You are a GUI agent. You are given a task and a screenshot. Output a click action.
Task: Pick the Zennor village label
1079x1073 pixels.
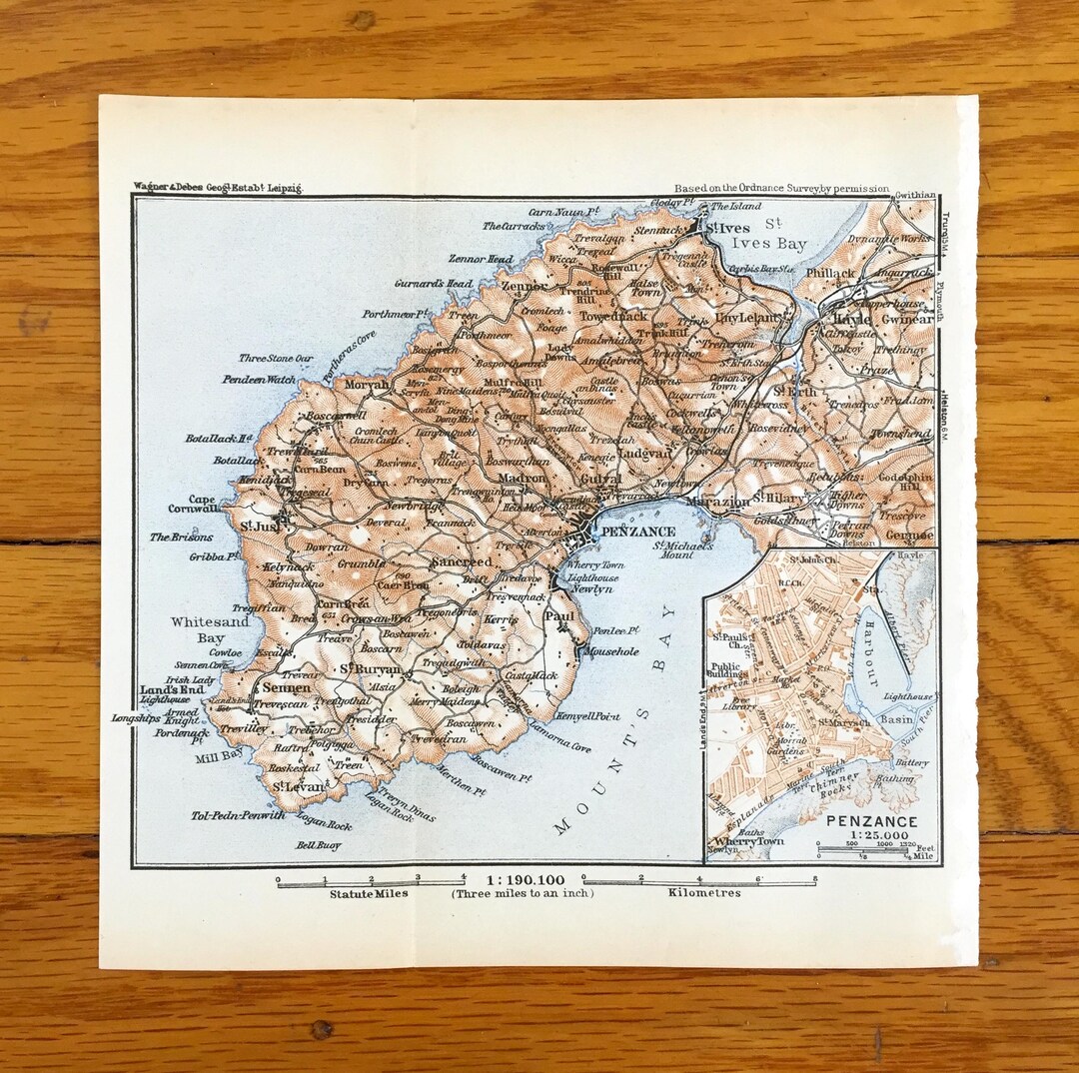tap(525, 284)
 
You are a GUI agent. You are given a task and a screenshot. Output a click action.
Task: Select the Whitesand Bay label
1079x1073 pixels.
tap(209, 628)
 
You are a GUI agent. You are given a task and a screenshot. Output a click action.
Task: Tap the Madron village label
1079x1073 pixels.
tap(522, 478)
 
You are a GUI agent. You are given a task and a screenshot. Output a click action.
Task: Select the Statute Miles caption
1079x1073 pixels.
tap(369, 893)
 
